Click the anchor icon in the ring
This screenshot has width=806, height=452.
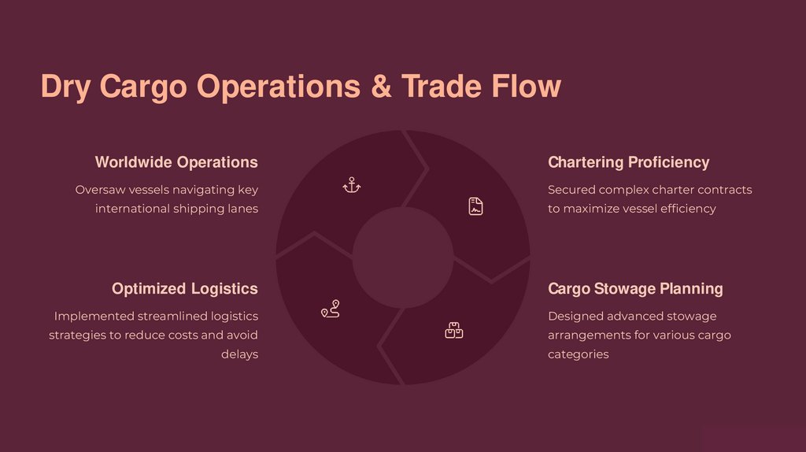click(351, 186)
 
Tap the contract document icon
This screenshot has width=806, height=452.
click(475, 206)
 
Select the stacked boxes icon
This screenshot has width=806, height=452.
click(453, 330)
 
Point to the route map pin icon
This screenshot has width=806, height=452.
click(330, 309)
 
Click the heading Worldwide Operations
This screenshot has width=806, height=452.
click(176, 162)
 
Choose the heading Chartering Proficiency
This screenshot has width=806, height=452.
click(628, 162)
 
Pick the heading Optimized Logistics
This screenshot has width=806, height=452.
click(184, 288)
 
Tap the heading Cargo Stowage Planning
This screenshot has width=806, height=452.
click(634, 288)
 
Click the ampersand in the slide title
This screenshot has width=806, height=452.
click(381, 86)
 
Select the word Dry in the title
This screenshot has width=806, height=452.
click(66, 87)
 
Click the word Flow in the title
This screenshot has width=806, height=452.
click(527, 86)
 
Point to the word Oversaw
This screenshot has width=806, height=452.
click(99, 190)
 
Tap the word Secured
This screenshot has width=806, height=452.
click(571, 190)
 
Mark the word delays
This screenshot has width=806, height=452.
click(239, 354)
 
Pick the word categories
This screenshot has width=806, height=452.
click(578, 354)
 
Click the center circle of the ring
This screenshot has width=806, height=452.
click(402, 257)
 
